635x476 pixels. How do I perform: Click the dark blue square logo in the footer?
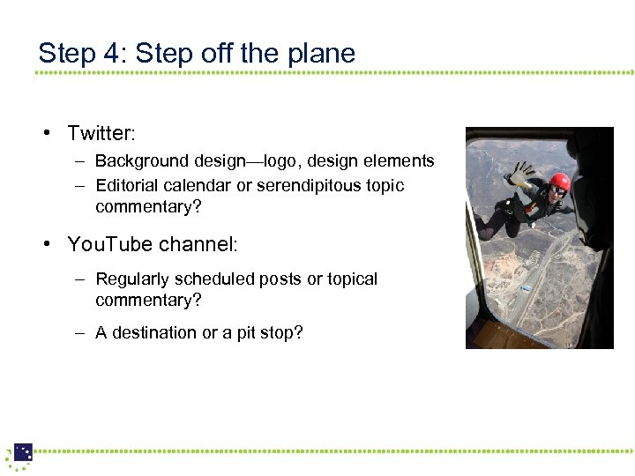coord(23,452)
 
